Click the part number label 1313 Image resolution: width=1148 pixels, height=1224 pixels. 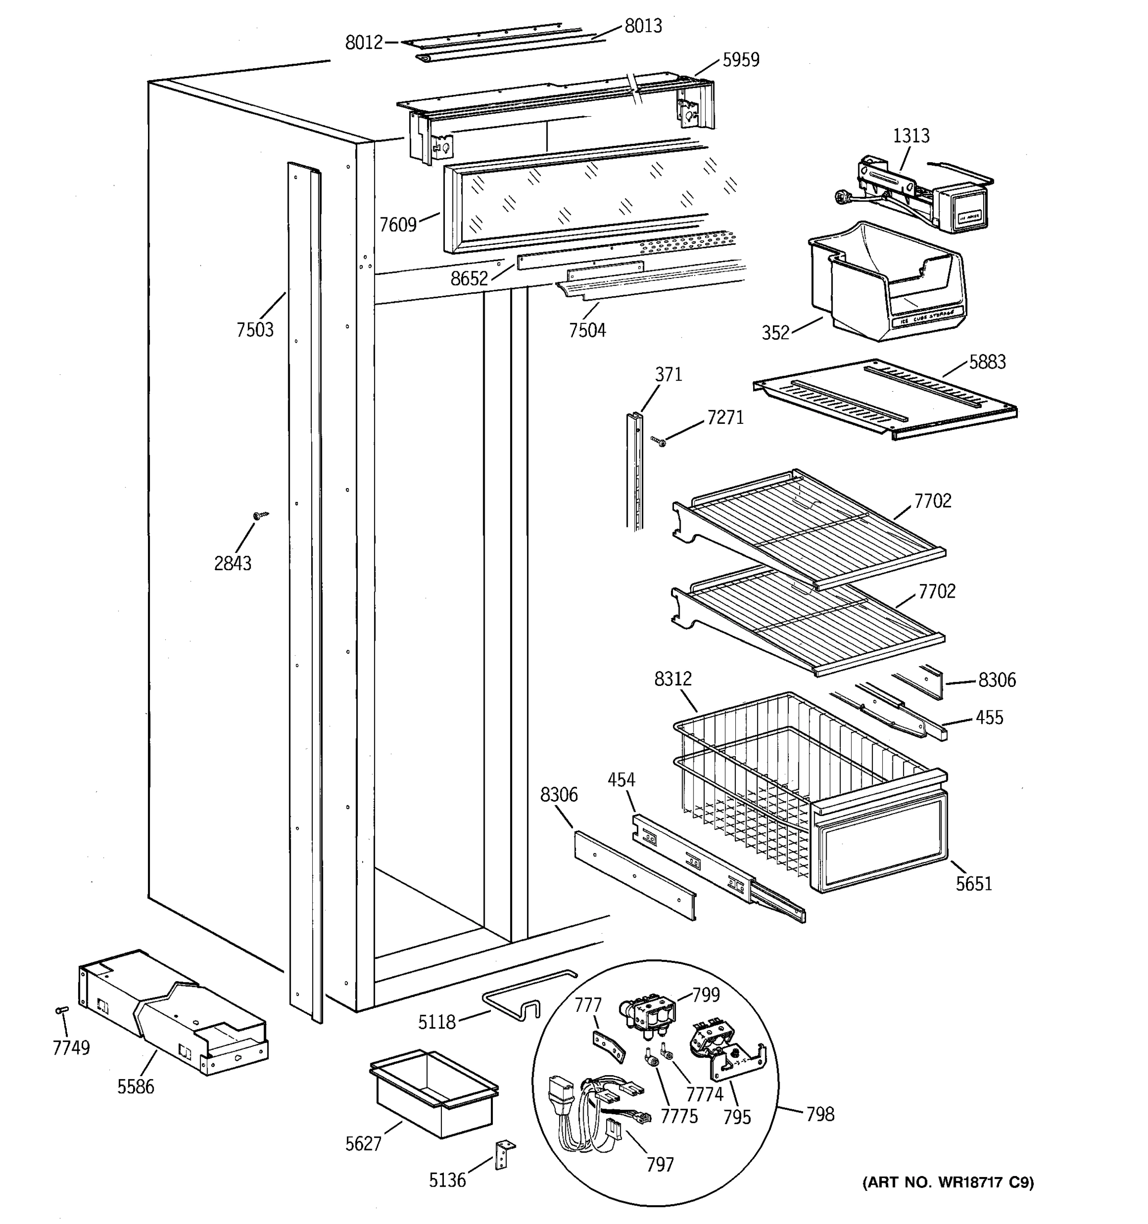tap(910, 136)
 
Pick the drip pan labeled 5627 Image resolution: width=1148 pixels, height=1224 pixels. tap(434, 1093)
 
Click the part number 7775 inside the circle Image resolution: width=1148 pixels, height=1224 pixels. tap(679, 1116)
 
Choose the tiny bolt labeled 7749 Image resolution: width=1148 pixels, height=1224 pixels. tap(62, 1010)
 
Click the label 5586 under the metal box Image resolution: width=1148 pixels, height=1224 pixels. tap(136, 1087)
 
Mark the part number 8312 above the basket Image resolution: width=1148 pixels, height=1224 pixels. tap(672, 679)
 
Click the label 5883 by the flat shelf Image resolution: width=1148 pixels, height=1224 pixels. tap(987, 362)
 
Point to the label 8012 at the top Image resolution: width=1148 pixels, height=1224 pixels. tap(363, 42)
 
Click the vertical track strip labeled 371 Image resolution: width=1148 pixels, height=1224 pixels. tap(634, 471)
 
